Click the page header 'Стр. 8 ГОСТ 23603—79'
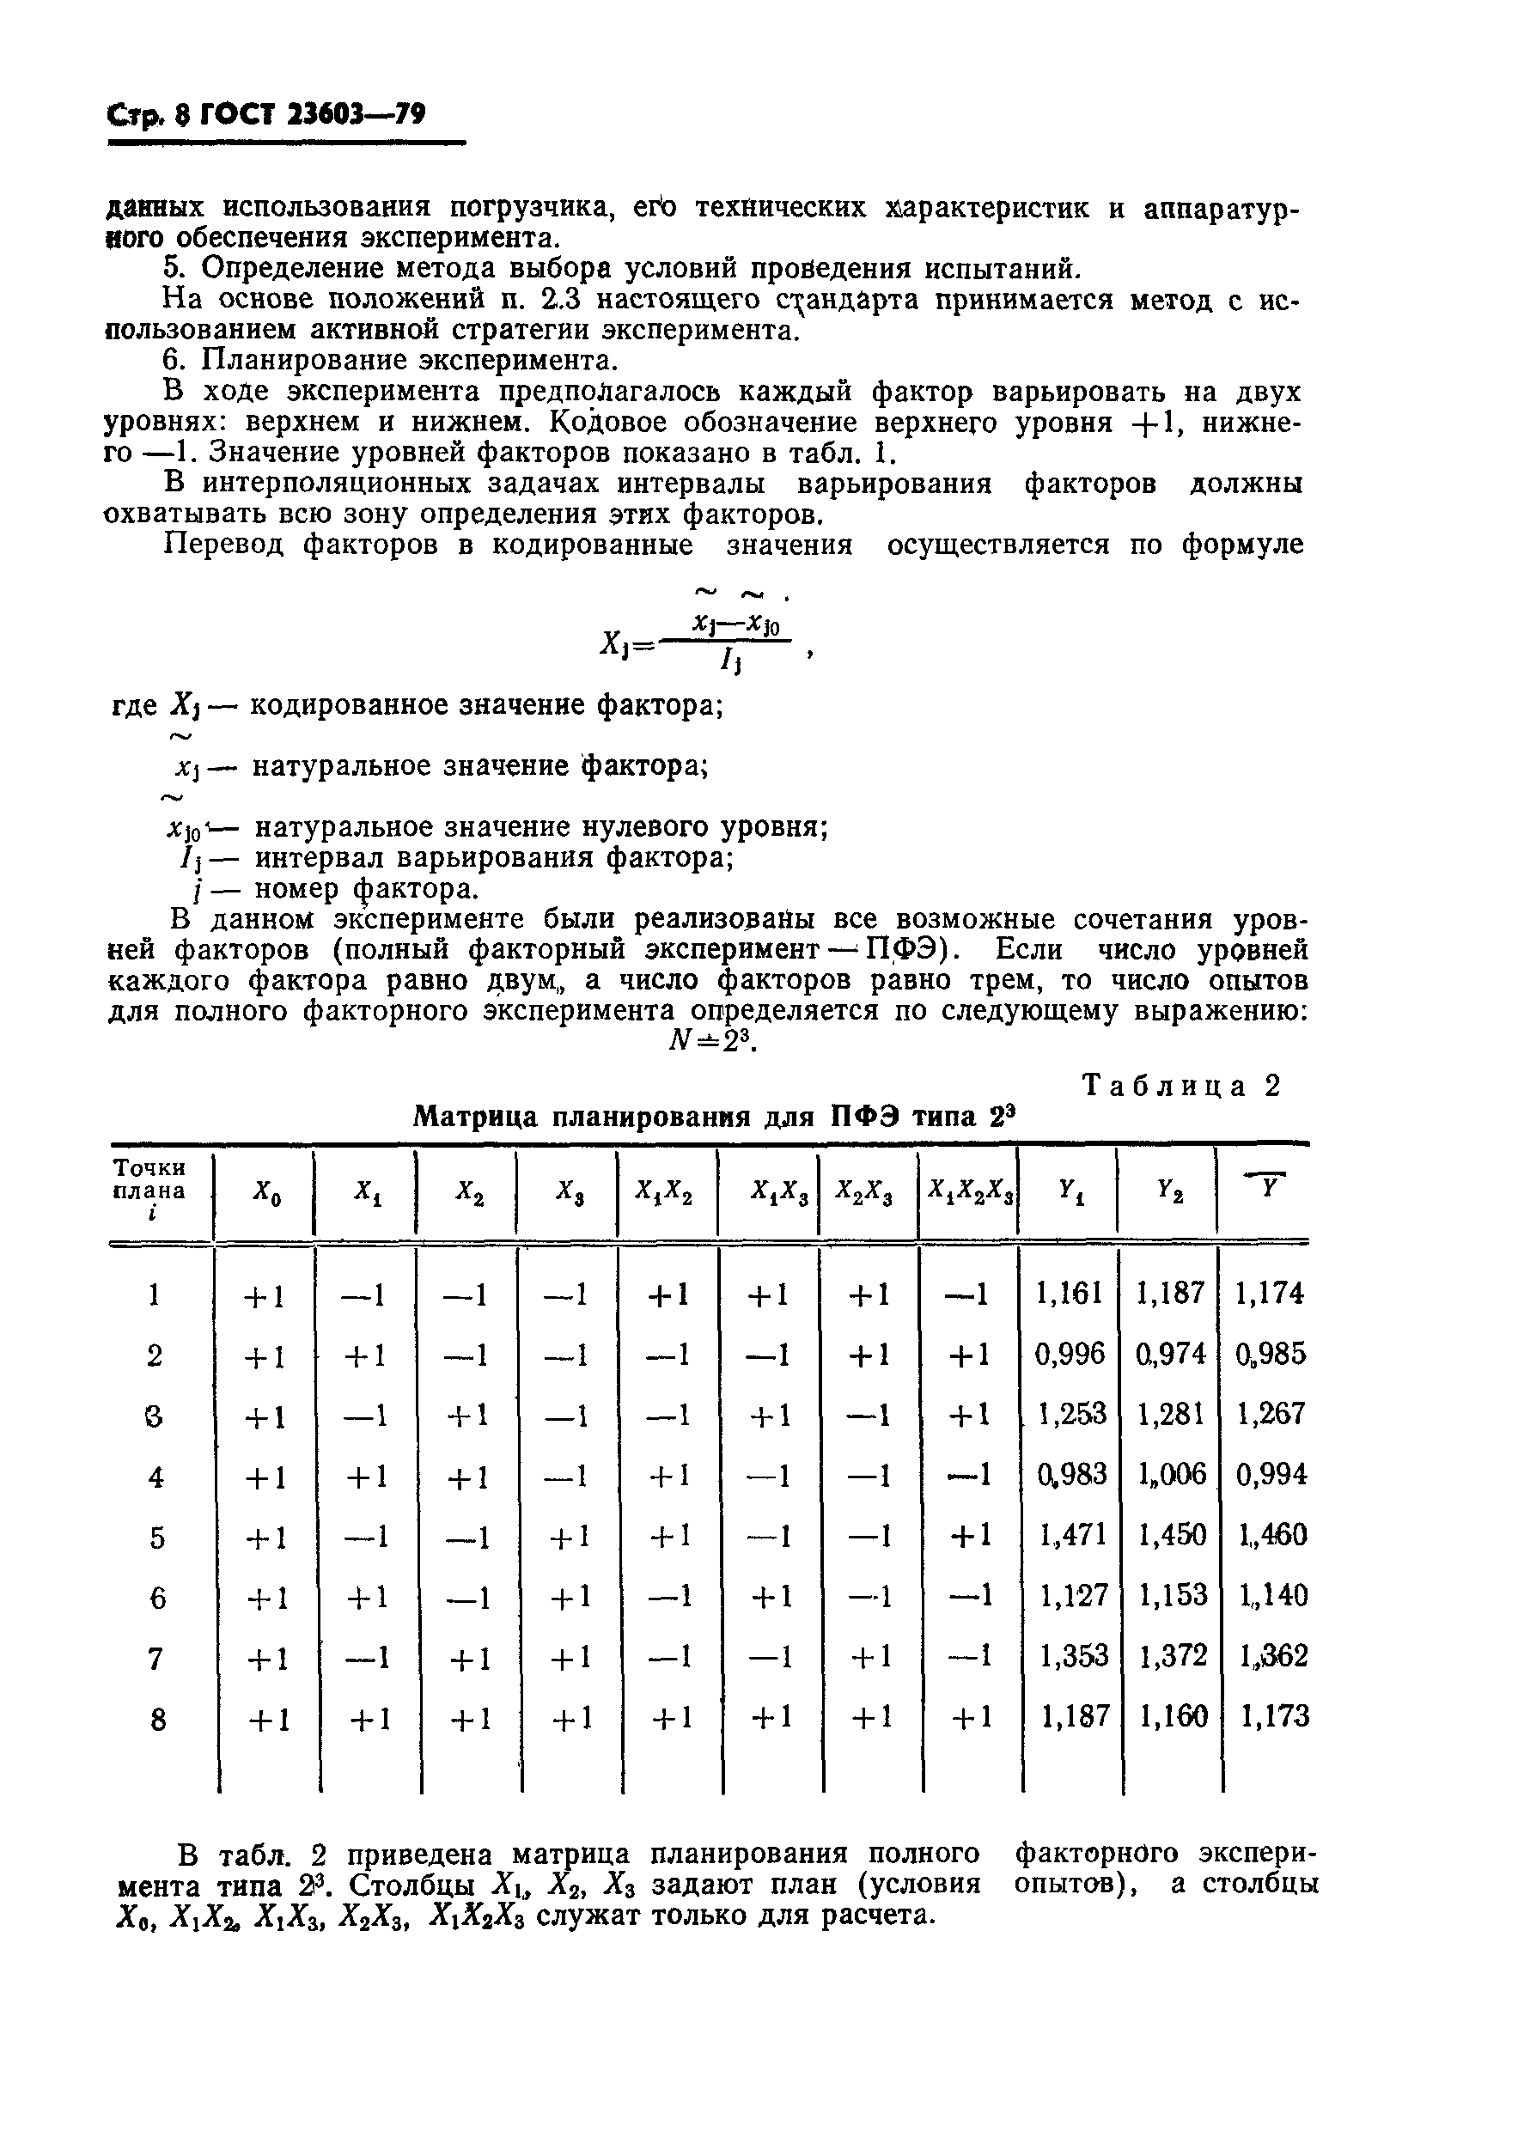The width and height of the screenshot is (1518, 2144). pos(266,115)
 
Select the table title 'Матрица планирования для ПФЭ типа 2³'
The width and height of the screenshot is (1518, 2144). pos(714,1118)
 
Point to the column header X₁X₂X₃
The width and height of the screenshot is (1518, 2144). pos(969,1191)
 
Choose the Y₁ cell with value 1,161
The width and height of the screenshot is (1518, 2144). pos(1070,1294)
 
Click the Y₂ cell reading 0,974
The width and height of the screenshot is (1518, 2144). pos(1170,1355)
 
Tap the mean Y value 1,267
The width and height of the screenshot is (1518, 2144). pos(1270,1416)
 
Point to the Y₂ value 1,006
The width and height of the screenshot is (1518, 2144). pos(1170,1476)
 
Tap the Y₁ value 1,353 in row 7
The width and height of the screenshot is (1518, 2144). pos(1071,1657)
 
